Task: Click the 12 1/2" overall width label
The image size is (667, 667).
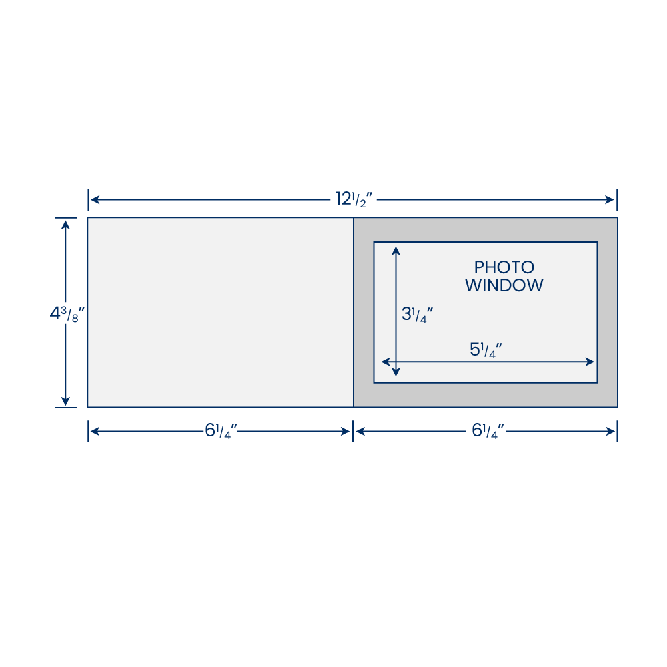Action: tap(354, 199)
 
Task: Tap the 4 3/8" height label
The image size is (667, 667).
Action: tap(67, 314)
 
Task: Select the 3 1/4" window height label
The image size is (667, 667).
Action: tap(417, 315)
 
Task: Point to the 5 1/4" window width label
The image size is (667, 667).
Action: tap(486, 350)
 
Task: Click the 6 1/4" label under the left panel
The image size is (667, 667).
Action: tap(221, 430)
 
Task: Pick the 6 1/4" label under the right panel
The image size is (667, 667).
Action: tap(488, 430)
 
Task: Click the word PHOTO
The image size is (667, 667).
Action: tap(504, 267)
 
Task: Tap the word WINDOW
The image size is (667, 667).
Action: tap(504, 285)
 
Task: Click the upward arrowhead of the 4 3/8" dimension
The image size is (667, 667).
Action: tap(65, 225)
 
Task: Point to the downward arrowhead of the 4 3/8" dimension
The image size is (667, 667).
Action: tap(65, 401)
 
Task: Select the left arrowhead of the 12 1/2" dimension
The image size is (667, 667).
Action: tap(95, 200)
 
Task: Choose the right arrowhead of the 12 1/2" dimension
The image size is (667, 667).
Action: tap(610, 200)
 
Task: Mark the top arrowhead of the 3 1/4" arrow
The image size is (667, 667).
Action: tap(396, 251)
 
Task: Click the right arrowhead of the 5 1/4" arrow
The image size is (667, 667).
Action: tap(590, 362)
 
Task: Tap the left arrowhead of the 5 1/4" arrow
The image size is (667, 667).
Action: tap(386, 362)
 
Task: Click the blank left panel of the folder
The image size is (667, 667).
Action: tap(220, 312)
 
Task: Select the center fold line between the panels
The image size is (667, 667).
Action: tap(353, 312)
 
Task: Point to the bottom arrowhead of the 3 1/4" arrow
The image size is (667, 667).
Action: tap(396, 372)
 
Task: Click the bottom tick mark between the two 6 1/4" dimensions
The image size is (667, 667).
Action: tap(353, 431)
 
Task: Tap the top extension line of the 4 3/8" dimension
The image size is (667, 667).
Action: tap(65, 218)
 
